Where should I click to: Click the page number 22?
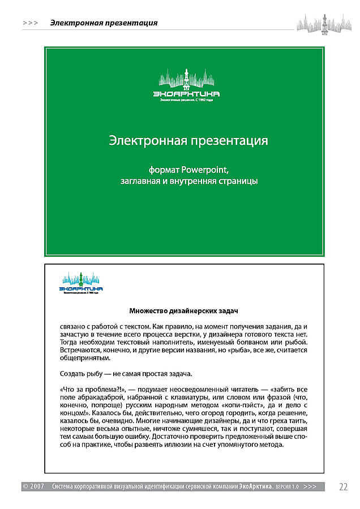(x=344, y=486)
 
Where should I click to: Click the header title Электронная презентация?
(x=104, y=23)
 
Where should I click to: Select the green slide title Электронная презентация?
(x=188, y=140)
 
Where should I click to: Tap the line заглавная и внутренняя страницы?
(x=188, y=181)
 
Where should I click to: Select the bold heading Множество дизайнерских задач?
(x=184, y=310)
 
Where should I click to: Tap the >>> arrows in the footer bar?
(x=310, y=486)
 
